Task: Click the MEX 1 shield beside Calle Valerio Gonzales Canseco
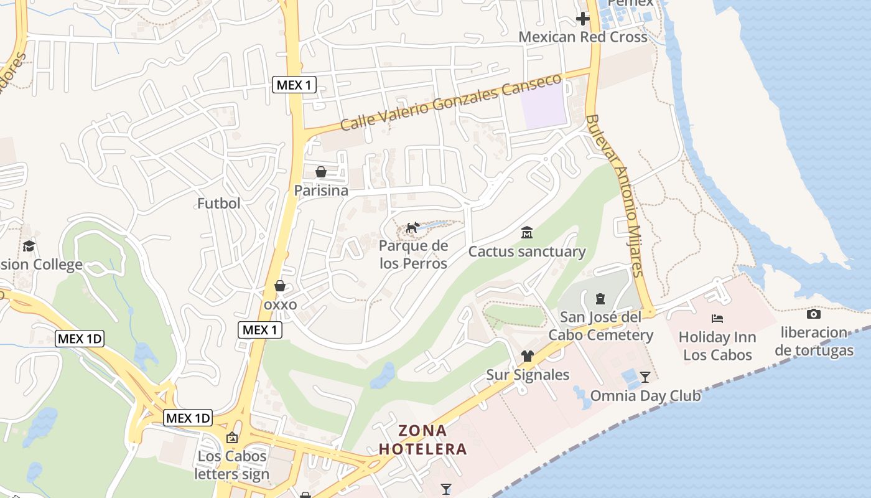(294, 85)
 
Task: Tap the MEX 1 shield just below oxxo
(260, 330)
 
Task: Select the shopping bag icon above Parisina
(321, 172)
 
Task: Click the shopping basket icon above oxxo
(280, 286)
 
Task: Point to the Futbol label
(218, 204)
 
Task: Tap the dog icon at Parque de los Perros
(412, 228)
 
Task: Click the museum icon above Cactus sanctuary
(527, 233)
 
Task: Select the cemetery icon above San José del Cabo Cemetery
(600, 299)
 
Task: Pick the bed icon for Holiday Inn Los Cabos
(717, 319)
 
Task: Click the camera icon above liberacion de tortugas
(813, 314)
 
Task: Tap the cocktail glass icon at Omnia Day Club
(645, 377)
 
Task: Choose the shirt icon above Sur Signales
(528, 356)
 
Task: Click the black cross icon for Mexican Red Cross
(582, 19)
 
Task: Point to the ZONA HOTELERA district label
(423, 439)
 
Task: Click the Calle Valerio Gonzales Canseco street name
(450, 103)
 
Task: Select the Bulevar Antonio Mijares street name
(614, 195)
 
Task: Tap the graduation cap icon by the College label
(28, 247)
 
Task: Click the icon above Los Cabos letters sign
(232, 438)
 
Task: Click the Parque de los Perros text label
(413, 255)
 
